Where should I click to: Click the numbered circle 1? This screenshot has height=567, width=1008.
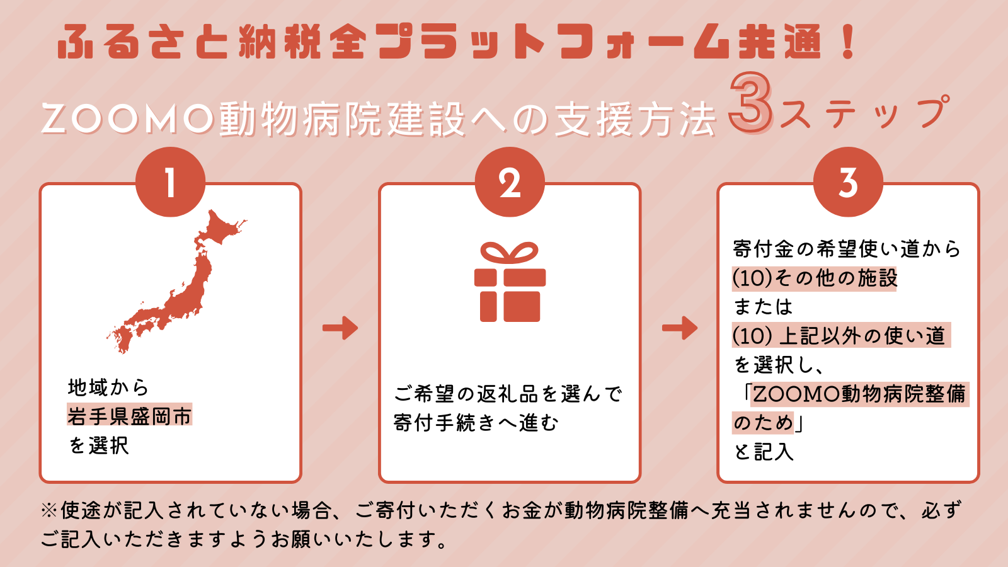pos(171,182)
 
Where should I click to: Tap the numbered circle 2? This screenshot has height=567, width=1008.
pos(510,182)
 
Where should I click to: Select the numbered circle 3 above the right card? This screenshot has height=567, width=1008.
pos(848,182)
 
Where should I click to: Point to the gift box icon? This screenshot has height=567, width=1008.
pos(510,282)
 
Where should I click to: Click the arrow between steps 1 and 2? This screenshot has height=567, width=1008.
pos(340,328)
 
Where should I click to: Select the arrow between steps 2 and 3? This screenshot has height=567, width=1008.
pos(680,328)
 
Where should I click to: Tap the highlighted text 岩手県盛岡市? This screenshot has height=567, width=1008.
pos(130,415)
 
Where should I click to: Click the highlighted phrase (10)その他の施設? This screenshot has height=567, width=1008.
pos(815,278)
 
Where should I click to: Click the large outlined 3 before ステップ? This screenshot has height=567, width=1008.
pos(750,103)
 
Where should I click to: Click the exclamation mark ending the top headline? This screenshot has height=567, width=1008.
pos(848,42)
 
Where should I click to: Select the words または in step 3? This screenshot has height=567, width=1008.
pos(763,307)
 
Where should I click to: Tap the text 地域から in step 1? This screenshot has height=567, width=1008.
pos(108,387)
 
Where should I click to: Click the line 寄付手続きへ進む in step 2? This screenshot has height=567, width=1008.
pos(476,423)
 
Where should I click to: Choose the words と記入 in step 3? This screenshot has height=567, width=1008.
pos(764,451)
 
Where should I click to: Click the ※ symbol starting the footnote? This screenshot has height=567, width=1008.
pos(49,511)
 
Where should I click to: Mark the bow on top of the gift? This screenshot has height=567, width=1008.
pos(510,253)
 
